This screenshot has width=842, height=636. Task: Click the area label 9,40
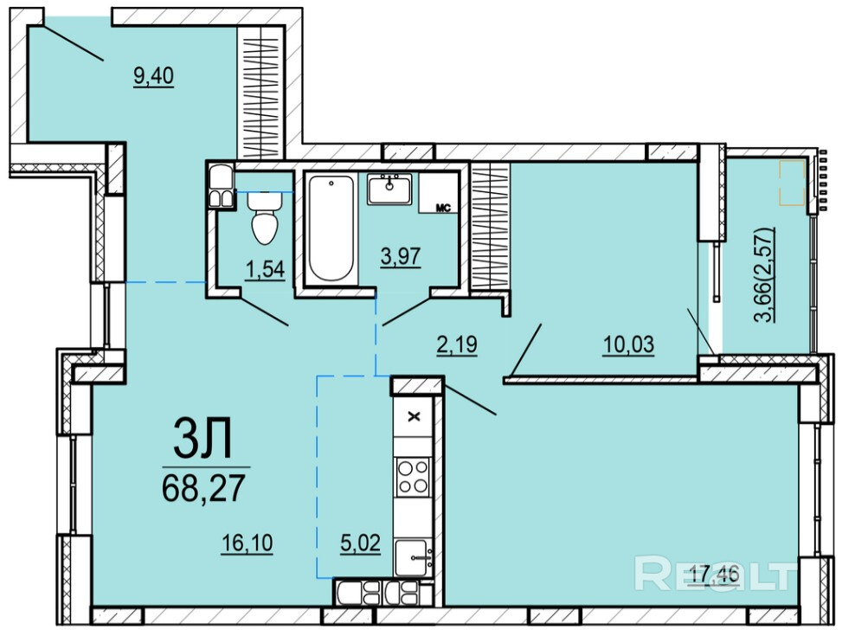coord(153,76)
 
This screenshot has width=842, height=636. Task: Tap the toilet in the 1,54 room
coord(265,217)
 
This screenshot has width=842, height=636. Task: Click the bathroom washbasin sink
coord(390,189)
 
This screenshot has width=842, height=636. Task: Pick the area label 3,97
coord(400,256)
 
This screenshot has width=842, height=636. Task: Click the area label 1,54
coord(265,269)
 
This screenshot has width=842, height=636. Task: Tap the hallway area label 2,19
coord(456,344)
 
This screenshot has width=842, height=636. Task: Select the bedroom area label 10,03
coord(629,344)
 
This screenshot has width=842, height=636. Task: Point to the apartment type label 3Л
coord(202,439)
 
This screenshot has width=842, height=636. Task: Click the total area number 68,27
coord(203,488)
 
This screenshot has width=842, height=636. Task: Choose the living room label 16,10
coord(247,543)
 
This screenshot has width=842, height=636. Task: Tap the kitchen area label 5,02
coord(360,543)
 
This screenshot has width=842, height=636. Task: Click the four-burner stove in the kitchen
coord(413,477)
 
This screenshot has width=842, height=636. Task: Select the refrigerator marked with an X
coord(413,417)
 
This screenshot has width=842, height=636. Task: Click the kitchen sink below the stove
coord(413,558)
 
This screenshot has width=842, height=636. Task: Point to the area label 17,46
coord(714,575)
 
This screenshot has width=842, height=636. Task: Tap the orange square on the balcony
coord(793,183)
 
